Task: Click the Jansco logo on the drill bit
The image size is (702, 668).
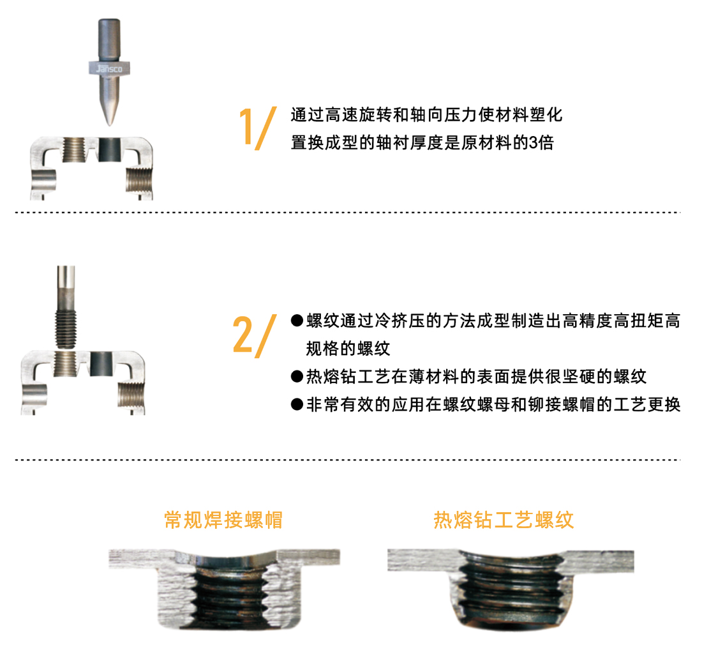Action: click(109, 68)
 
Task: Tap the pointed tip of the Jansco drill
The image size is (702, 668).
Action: click(109, 125)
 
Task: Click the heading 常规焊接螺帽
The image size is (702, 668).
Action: click(223, 520)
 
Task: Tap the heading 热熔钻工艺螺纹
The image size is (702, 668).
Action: click(504, 520)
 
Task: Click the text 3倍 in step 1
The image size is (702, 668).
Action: click(541, 143)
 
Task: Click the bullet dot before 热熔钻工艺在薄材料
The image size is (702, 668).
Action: click(297, 376)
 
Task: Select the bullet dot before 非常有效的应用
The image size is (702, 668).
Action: click(297, 404)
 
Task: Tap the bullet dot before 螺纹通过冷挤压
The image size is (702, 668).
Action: click(297, 321)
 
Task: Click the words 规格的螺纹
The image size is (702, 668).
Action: click(348, 349)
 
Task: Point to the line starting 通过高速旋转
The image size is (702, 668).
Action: click(426, 115)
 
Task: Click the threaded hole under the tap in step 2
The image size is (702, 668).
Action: click(66, 364)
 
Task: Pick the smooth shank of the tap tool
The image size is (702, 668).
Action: click(66, 287)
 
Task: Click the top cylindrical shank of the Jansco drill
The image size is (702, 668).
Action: click(109, 40)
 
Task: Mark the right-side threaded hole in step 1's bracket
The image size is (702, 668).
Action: click(139, 179)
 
